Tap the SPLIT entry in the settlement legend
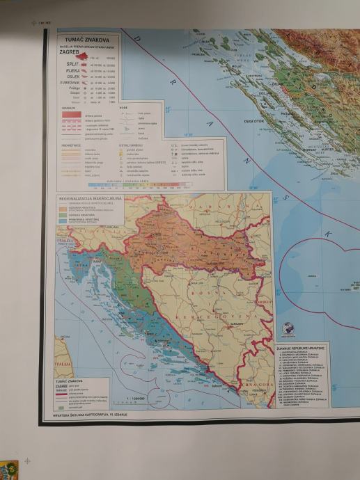76,63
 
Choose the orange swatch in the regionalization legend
62,208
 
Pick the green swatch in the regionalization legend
62,216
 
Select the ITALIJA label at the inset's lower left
63,364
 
